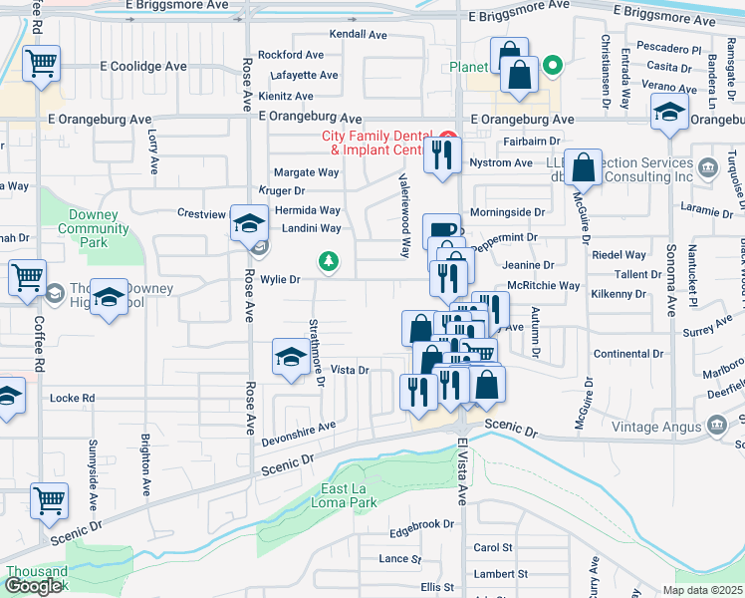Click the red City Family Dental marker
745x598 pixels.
tap(448, 137)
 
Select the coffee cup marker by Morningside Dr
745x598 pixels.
tap(442, 230)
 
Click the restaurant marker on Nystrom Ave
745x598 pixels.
tap(442, 155)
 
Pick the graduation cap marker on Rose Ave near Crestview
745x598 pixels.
tap(247, 223)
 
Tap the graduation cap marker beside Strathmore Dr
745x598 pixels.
tap(290, 357)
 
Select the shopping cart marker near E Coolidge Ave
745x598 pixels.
tap(42, 64)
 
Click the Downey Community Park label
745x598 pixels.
tap(94, 228)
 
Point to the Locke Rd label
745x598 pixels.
tap(74, 398)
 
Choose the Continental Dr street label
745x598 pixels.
tap(627, 354)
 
